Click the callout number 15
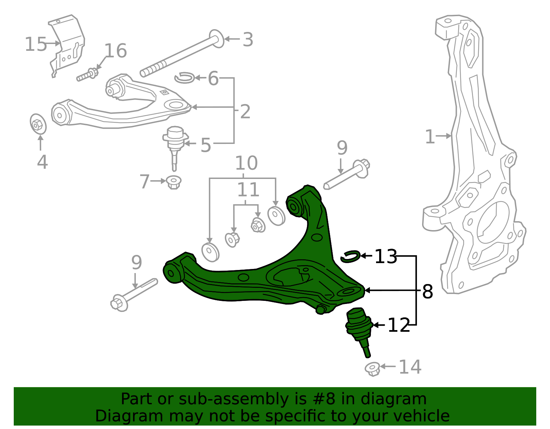coord(35,44)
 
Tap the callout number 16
coord(115,51)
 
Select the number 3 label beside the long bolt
coord(248,40)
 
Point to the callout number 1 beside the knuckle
coord(430,137)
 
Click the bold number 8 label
coord(427,292)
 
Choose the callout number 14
coord(410,367)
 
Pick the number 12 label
coord(399,325)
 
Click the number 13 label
coord(385,256)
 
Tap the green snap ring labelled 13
coord(350,256)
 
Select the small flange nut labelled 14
coord(373,369)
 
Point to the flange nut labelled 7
coord(174,182)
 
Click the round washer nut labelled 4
coord(38,124)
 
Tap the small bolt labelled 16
coord(87,75)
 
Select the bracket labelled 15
coord(67,45)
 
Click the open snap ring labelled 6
coord(185,78)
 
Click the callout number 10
coord(246,163)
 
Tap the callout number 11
coord(248,190)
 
